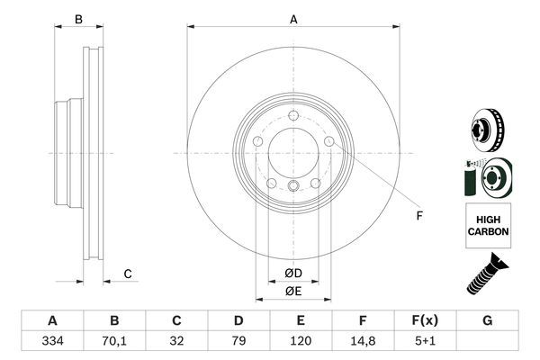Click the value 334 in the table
(52, 341)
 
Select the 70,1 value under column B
(114, 341)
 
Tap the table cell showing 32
(176, 341)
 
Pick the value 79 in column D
(238, 341)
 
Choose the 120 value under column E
(301, 341)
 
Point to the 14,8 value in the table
(363, 341)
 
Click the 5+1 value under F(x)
(425, 341)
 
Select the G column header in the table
(487, 320)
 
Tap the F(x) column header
(425, 320)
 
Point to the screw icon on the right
(487, 275)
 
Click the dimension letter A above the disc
(293, 19)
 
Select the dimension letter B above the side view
(78, 19)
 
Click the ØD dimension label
(293, 274)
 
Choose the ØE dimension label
(293, 291)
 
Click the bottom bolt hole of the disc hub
(293, 186)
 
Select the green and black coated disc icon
(487, 176)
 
